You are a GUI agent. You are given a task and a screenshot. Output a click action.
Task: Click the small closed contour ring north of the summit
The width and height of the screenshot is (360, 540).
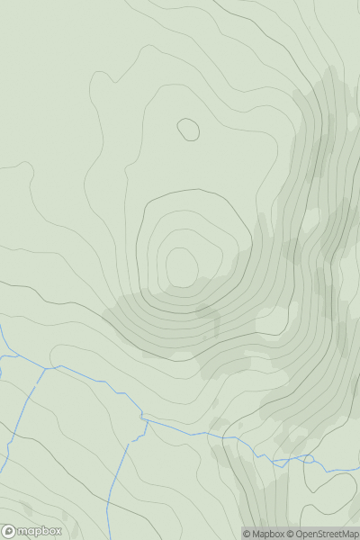[188, 130]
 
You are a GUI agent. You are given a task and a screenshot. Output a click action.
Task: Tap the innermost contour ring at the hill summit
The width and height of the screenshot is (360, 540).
[182, 267]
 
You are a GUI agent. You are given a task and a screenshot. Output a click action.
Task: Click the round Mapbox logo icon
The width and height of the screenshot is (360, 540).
[8, 531]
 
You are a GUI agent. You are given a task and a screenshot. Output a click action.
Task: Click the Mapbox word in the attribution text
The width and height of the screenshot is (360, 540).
[270, 534]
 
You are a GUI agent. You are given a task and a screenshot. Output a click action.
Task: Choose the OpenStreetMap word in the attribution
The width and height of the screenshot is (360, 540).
[327, 534]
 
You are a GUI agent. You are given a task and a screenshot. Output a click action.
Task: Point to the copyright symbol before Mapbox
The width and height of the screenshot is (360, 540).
[247, 534]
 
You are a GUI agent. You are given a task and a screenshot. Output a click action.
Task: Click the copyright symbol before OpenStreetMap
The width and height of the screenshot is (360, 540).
[294, 534]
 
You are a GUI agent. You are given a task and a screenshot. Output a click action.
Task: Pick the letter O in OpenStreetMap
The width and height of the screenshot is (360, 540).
[303, 534]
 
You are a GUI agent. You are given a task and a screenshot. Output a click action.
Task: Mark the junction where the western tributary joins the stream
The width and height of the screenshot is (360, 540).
[46, 368]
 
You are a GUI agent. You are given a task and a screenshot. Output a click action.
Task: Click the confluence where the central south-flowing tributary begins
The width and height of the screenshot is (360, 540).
[143, 418]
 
